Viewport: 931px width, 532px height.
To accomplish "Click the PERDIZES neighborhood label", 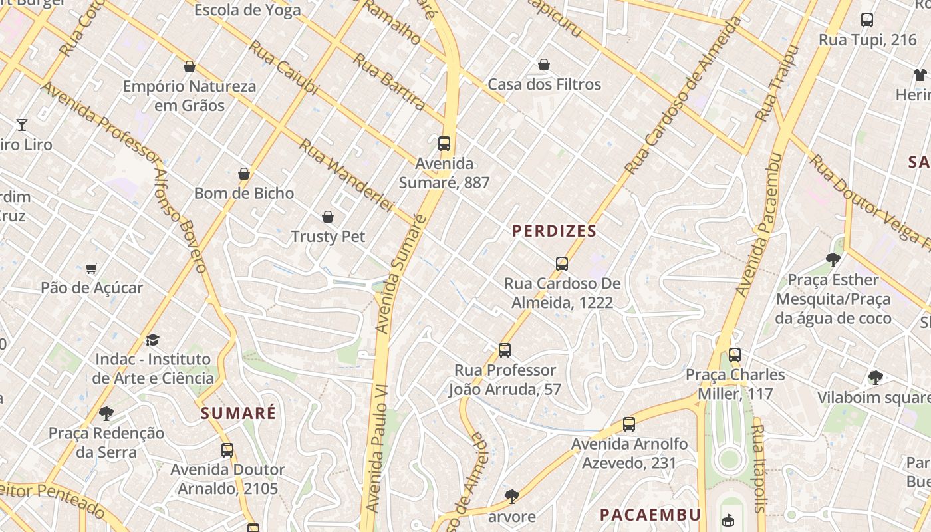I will click(554, 231).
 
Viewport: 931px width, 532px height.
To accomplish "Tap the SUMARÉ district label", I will click(238, 413).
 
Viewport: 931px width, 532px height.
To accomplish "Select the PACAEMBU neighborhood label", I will click(650, 515).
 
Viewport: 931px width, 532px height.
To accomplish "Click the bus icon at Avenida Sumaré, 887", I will click(444, 144).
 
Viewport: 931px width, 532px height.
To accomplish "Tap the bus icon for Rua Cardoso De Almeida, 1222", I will click(562, 264).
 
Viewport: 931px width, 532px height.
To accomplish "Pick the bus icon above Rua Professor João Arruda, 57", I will click(505, 350).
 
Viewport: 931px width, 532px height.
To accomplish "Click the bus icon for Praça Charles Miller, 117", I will click(735, 355).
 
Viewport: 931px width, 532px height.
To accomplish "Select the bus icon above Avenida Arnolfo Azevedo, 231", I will click(629, 424).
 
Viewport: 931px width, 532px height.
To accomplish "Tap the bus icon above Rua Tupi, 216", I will click(867, 20).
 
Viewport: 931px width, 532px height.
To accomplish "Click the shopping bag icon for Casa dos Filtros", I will click(544, 65).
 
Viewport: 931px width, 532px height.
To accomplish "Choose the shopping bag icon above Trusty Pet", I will click(328, 217).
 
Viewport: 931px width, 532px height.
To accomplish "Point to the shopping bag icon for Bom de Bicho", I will click(244, 174).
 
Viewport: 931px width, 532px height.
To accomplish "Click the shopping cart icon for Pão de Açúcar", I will click(92, 268).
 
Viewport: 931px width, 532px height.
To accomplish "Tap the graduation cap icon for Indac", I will click(153, 340).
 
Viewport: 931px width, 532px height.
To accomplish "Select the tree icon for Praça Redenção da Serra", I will click(106, 414).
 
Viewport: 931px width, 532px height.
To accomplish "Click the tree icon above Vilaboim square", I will click(876, 378).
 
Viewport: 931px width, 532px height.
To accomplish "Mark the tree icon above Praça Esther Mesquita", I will click(833, 260).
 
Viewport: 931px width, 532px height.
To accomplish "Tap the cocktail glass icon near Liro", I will click(22, 124).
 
